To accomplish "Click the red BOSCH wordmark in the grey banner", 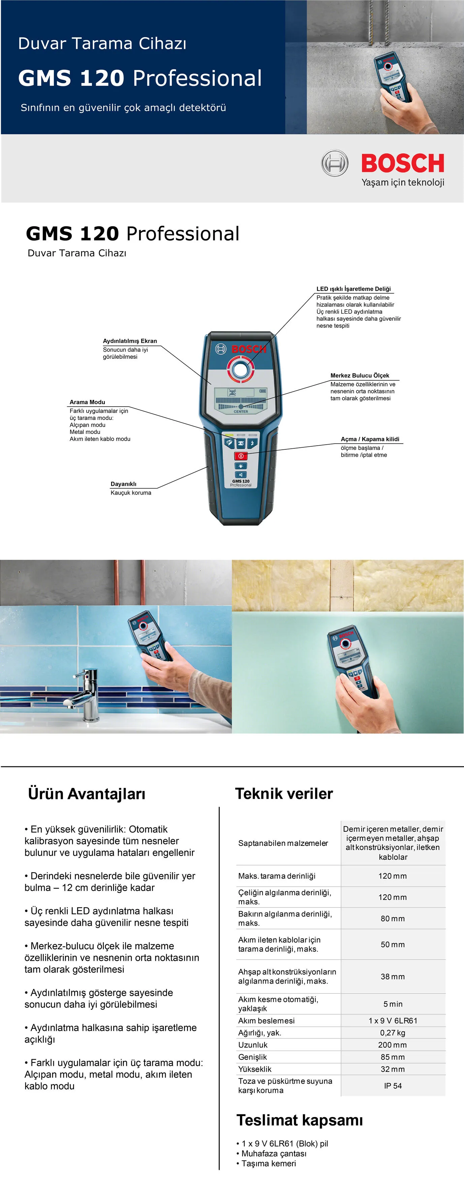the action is coord(403,163).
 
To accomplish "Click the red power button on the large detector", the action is coord(241,456).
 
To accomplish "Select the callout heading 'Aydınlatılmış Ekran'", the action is coord(130,341).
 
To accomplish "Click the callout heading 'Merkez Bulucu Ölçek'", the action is coord(360,375).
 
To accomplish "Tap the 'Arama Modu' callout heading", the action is coord(87,402).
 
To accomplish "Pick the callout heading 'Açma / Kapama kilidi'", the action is coord(370,439).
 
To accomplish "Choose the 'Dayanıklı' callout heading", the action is coord(123,484).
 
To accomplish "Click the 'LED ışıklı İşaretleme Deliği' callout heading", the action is coord(353,289).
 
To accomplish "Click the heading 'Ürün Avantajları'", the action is coord(87,794).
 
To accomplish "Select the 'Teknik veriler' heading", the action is coord(284,794).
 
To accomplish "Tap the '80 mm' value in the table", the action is coord(393,919).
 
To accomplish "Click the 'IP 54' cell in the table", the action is coord(393,1086).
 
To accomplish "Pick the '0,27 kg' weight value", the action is coord(393,1032).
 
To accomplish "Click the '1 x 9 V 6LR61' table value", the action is coord(393,1021).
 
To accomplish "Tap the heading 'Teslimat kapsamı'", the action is coord(300,1120).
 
